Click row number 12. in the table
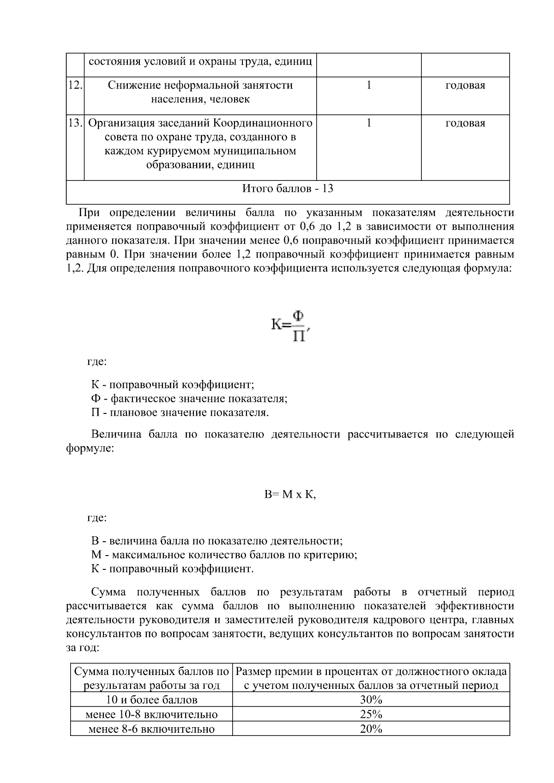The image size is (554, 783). [x=75, y=85]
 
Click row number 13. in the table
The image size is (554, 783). [x=75, y=123]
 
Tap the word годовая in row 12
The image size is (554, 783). [x=465, y=85]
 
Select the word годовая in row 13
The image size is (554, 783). [x=465, y=123]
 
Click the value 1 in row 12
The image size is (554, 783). [x=368, y=85]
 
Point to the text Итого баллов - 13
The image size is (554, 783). [x=288, y=189]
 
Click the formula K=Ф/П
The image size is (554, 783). [x=289, y=326]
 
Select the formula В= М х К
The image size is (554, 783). [x=290, y=495]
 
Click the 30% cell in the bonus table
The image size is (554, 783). [x=371, y=700]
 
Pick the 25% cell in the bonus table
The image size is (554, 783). [x=371, y=715]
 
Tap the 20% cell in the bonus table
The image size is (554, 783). [x=371, y=729]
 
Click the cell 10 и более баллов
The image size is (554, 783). [x=151, y=700]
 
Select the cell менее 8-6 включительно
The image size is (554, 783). [x=151, y=729]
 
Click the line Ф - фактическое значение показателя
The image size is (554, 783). [x=189, y=399]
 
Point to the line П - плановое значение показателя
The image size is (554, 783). [x=180, y=412]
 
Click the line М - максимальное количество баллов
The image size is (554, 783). [x=224, y=555]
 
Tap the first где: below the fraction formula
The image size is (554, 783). [x=97, y=362]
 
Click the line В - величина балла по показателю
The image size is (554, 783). [x=217, y=541]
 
